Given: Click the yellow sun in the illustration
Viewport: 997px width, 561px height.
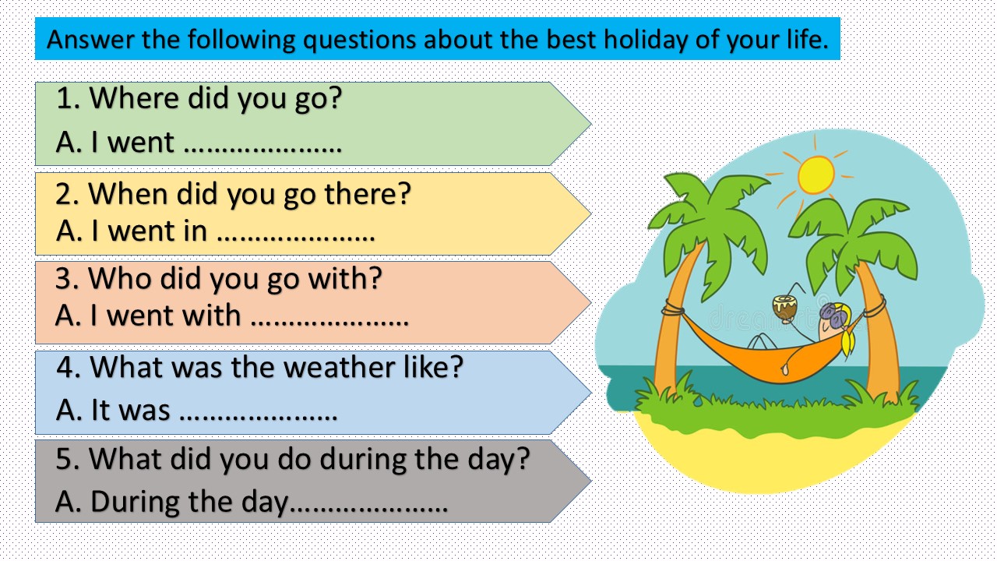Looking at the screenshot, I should [x=816, y=174].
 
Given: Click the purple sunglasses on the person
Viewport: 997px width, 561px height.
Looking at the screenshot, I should [x=833, y=316].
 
